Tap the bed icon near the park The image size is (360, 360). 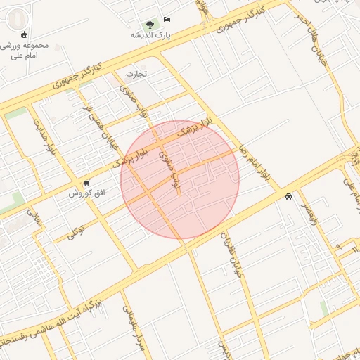[x=167, y=19]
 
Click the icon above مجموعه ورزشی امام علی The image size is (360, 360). [x=25, y=35]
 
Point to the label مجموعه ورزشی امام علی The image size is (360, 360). [x=26, y=51]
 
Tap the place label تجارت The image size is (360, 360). [x=136, y=73]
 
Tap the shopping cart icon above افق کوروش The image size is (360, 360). [x=86, y=182]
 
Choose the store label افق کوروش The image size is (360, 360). [x=86, y=193]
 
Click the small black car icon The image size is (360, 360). [x=289, y=197]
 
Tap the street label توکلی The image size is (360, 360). [x=76, y=231]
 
